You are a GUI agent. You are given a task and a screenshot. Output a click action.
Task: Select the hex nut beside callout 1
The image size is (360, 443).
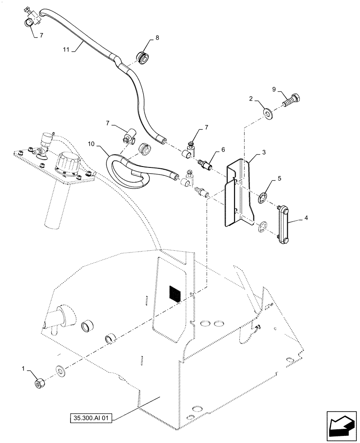point(39,383)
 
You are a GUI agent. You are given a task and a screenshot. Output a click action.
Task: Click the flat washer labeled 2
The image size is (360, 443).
point(269,113)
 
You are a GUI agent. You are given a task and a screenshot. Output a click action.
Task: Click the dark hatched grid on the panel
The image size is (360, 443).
point(176,294)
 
